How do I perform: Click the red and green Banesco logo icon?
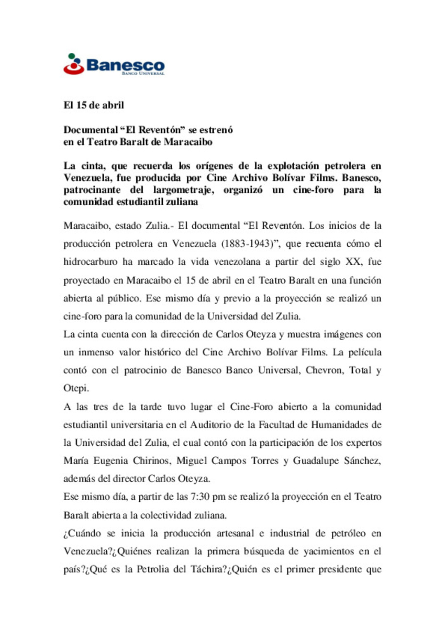[x=74, y=64]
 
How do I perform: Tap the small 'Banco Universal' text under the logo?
[x=143, y=73]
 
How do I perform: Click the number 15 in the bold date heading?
[x=81, y=105]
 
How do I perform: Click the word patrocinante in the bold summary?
[x=92, y=190]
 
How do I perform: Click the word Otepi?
[x=76, y=388]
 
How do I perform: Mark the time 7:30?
[x=200, y=497]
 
